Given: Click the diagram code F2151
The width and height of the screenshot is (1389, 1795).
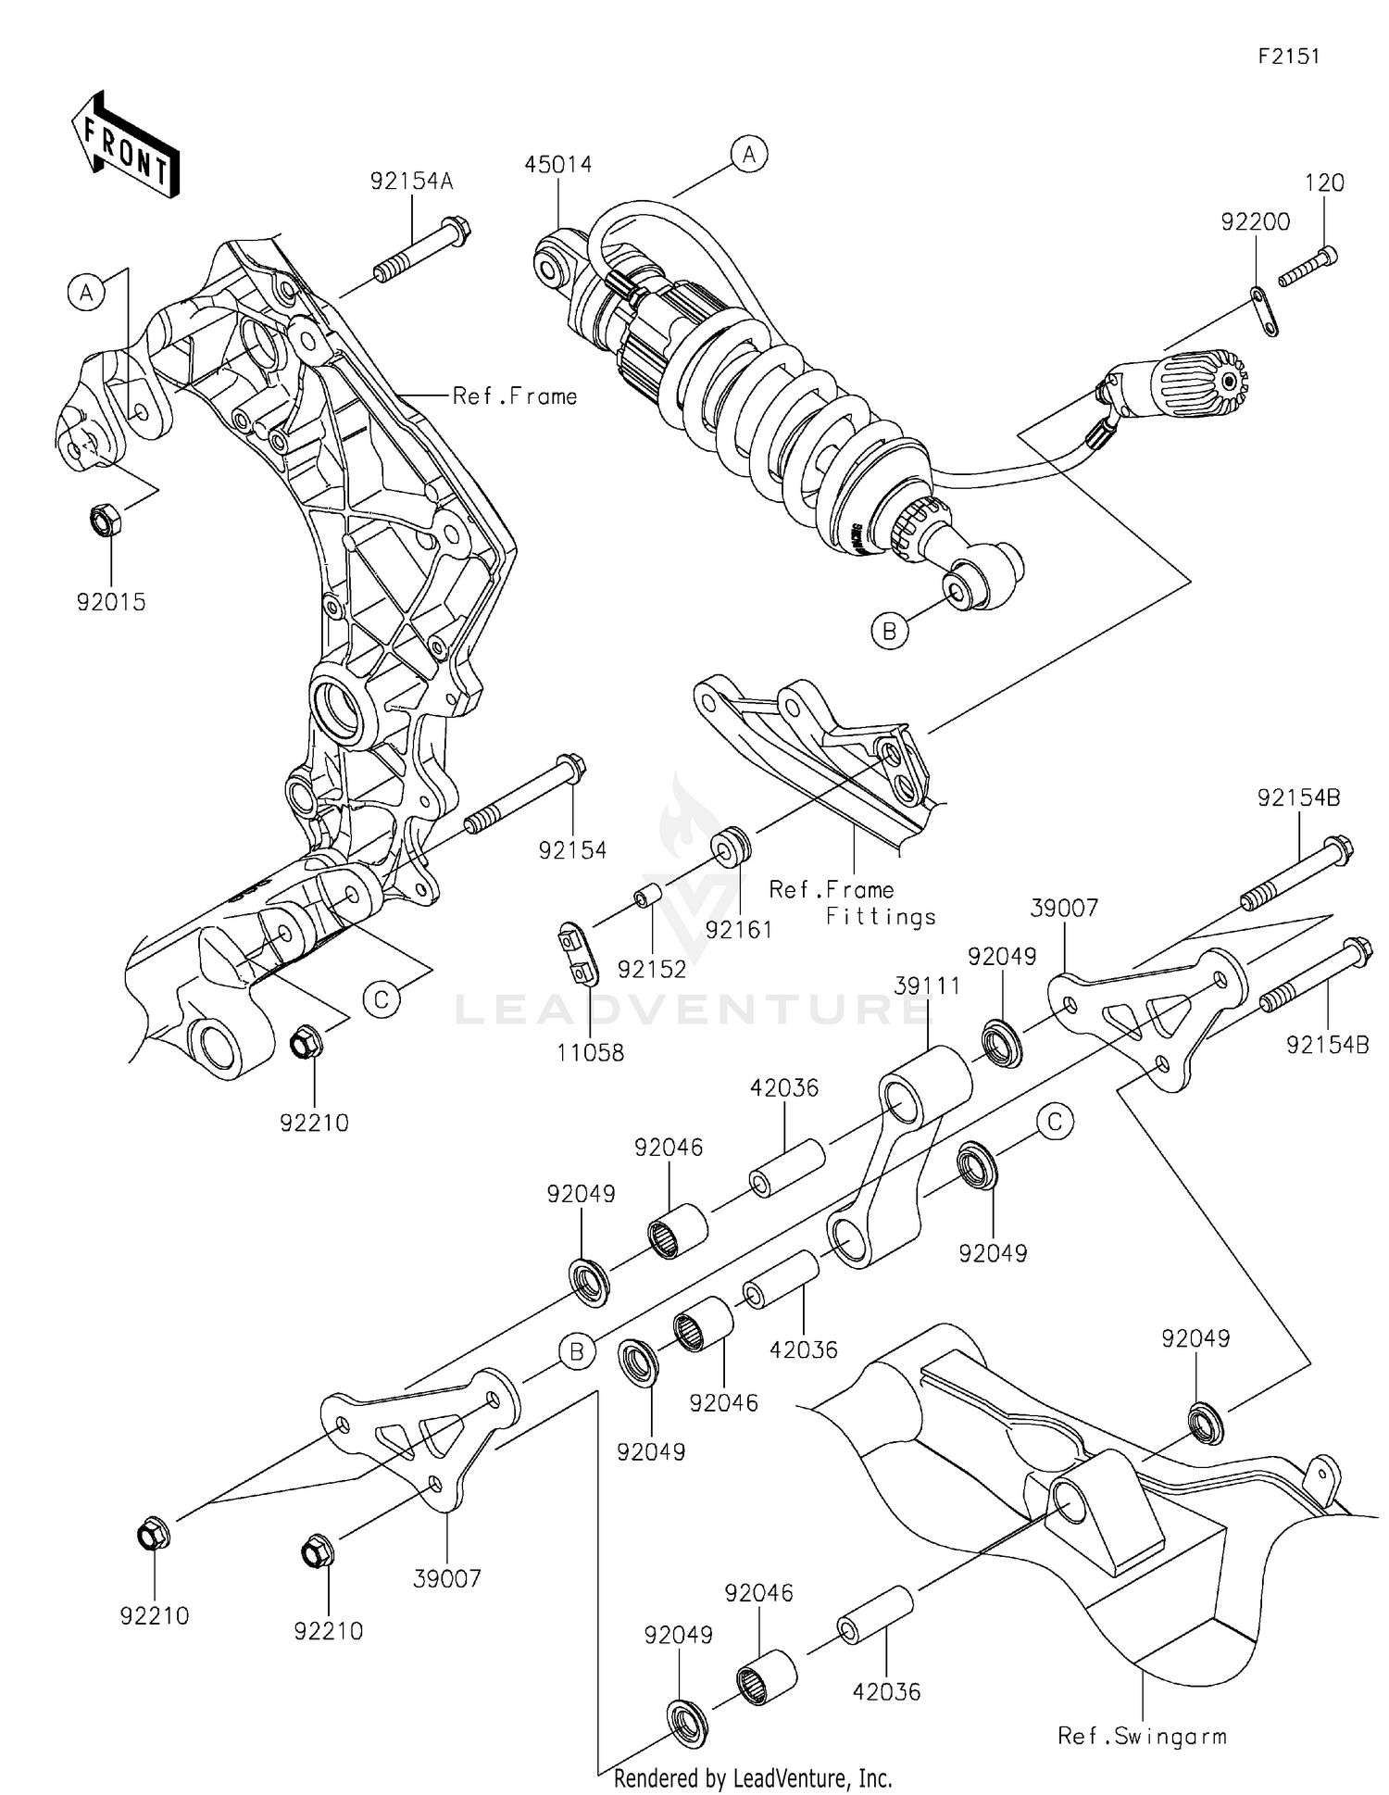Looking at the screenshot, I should (1288, 56).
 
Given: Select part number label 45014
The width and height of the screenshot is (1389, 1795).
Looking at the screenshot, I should (557, 165).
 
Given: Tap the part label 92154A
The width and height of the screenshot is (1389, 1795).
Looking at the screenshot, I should (411, 182).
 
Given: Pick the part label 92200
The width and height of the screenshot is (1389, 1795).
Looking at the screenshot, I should (1255, 222).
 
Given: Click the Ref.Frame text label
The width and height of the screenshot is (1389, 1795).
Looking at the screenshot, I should (514, 396).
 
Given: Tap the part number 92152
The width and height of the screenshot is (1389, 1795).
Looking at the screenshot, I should (652, 970).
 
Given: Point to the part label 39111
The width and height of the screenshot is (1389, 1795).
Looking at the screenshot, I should (927, 986).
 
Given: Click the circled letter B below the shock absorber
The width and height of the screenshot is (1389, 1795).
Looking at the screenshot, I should (890, 632).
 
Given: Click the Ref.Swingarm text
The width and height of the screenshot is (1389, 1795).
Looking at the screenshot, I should (1142, 1736).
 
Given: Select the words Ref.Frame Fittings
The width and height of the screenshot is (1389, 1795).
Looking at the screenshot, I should (852, 903).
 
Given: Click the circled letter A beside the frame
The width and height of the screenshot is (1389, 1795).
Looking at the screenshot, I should (86, 293).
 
